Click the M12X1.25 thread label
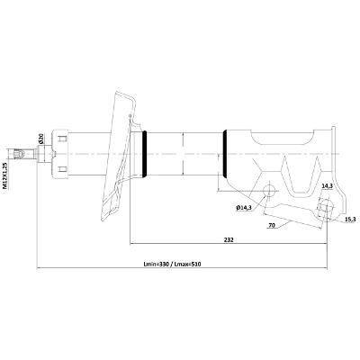(4, 175)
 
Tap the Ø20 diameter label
(41, 138)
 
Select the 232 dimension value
(229, 239)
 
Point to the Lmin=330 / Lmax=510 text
(172, 265)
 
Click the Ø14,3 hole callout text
(244, 207)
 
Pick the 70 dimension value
(272, 226)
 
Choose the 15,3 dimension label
(350, 220)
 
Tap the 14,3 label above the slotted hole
(327, 186)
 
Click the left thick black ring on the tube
(145, 154)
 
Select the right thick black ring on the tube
(225, 154)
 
